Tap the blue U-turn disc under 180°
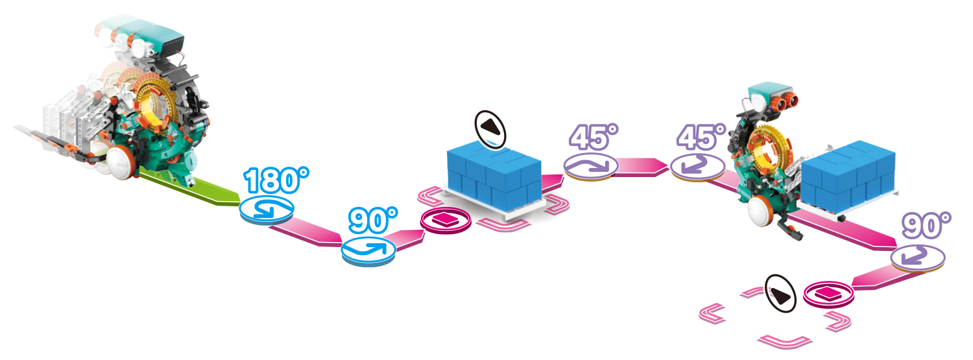click(x=266, y=210)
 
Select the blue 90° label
click(x=373, y=220)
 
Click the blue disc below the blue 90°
click(x=368, y=252)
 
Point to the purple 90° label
click(x=927, y=225)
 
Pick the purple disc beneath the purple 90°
click(x=918, y=258)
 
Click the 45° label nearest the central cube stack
click(x=594, y=138)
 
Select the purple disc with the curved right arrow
click(x=591, y=166)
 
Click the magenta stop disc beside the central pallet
click(x=446, y=220)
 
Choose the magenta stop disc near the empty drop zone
click(x=829, y=295)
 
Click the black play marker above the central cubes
click(x=490, y=130)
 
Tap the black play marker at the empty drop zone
click(x=780, y=294)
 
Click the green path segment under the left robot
click(x=191, y=187)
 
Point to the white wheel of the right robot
click(x=761, y=211)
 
